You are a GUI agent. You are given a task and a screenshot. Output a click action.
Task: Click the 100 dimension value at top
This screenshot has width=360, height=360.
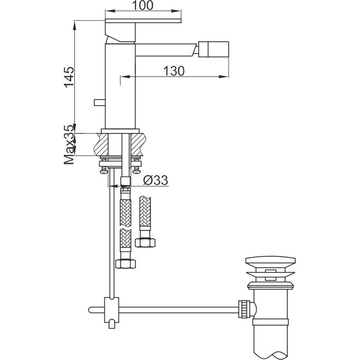click(x=142, y=5)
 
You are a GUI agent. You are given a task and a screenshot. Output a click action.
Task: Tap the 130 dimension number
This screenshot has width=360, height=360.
click(x=174, y=71)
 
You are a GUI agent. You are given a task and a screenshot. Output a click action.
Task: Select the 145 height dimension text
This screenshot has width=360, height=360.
click(x=69, y=77)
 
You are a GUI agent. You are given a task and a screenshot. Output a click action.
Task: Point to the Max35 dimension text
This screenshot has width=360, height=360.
click(x=70, y=144)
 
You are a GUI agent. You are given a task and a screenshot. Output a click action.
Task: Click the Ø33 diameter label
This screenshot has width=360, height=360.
click(x=155, y=180)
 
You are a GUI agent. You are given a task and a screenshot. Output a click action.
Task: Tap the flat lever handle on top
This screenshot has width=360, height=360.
click(x=143, y=21)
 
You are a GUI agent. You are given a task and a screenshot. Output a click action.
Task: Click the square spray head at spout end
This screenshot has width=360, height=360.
click(x=213, y=49)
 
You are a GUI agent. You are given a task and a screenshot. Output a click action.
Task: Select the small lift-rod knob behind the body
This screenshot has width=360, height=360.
click(x=100, y=102)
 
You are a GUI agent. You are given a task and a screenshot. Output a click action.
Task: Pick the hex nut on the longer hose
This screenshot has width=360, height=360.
click(x=125, y=264)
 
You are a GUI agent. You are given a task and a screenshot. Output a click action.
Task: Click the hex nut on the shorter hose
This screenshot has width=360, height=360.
click(x=145, y=242)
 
